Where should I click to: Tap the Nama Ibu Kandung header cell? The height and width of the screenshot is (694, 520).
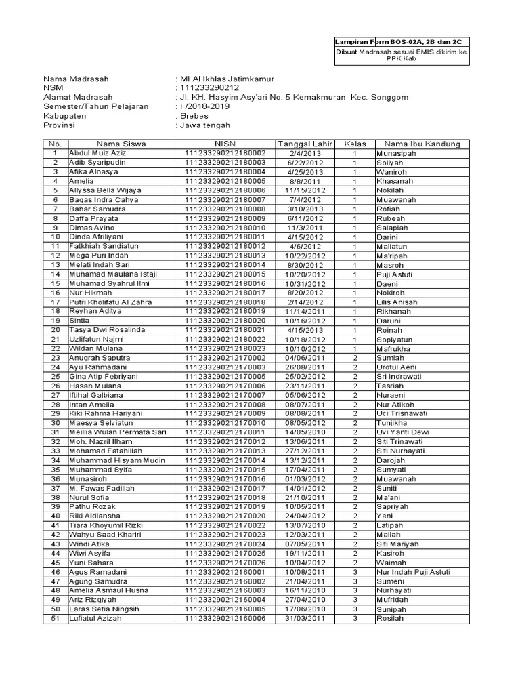pos(422,144)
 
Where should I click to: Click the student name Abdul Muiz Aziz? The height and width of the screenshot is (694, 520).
pos(97,154)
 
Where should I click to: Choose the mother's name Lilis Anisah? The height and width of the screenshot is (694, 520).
pos(399,302)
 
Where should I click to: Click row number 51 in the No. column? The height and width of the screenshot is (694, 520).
pos(56,618)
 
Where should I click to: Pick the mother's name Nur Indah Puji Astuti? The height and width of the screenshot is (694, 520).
pos(412,572)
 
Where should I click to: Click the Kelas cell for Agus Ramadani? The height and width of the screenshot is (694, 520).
pos(354,572)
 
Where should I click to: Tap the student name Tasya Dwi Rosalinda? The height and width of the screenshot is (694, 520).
pos(107,330)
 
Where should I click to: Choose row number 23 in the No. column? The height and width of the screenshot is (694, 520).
pos(56,358)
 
